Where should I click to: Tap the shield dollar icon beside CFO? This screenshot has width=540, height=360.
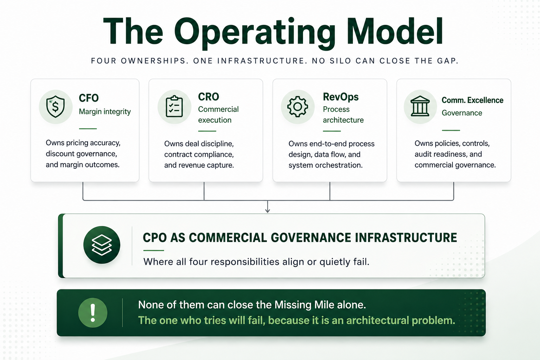(x=56, y=106)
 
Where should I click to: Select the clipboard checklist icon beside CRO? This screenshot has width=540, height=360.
(x=174, y=106)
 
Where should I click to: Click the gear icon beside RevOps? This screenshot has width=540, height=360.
(x=297, y=107)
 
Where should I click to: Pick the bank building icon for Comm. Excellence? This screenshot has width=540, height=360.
(x=420, y=106)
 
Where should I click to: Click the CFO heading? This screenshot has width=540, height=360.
(x=89, y=98)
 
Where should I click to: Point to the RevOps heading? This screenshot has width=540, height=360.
(x=341, y=97)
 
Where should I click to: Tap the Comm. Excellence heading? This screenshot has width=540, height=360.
(x=472, y=100)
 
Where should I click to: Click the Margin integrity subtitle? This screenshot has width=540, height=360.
(x=105, y=112)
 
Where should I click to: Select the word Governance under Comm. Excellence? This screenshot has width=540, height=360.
(x=462, y=113)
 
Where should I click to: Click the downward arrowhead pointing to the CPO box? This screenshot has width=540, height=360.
(x=267, y=211)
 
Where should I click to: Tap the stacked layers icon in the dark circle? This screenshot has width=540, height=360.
(x=102, y=245)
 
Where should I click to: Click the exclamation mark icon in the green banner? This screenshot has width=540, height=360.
(x=93, y=313)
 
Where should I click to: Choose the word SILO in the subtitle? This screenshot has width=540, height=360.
(x=340, y=61)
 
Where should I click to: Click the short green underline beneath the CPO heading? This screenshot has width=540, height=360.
(x=154, y=251)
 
